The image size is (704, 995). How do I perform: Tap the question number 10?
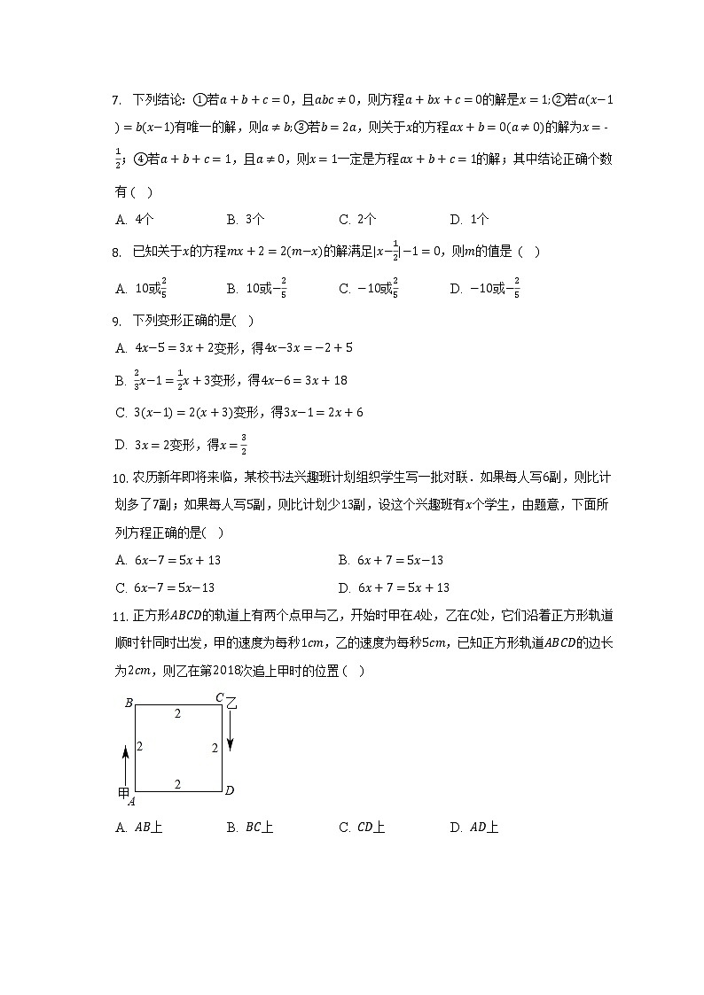122,478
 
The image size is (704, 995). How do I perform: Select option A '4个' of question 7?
137,220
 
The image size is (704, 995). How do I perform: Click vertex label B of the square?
129,703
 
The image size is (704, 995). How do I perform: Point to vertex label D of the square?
229,790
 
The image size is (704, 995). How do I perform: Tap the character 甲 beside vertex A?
123,793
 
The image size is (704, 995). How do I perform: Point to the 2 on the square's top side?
177,713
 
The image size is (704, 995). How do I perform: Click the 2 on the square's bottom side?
177,783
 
